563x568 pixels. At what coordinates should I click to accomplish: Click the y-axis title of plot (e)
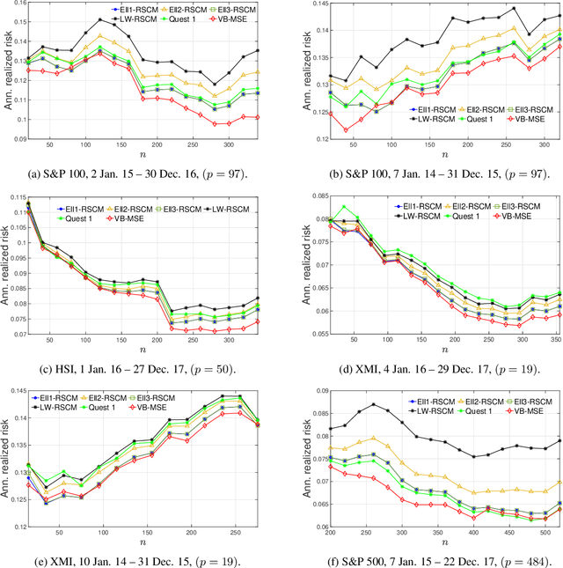pyautogui.click(x=6, y=461)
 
